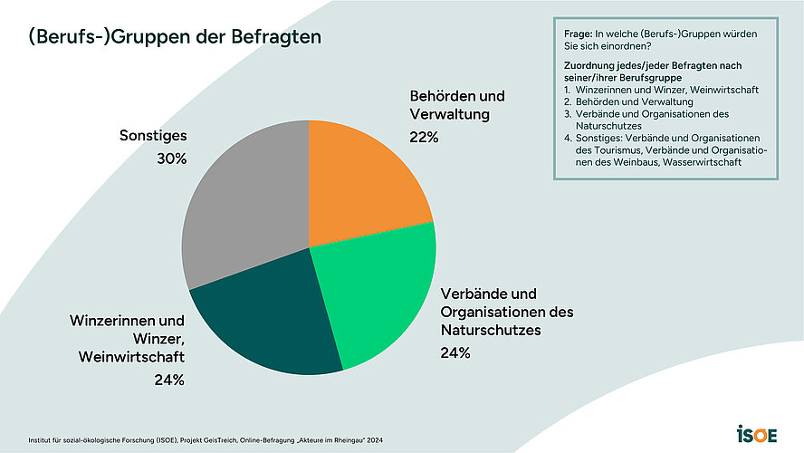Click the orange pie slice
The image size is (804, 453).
(x=362, y=177)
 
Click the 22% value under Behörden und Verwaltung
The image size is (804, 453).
(x=424, y=138)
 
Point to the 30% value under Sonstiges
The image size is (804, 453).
(x=171, y=159)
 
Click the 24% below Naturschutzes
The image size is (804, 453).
(x=455, y=352)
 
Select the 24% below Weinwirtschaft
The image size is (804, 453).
(x=169, y=381)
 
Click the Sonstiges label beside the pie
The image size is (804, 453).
(x=153, y=136)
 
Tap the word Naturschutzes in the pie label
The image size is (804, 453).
(x=490, y=331)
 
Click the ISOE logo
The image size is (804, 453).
(x=756, y=433)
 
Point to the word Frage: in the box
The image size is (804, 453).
(x=579, y=34)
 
